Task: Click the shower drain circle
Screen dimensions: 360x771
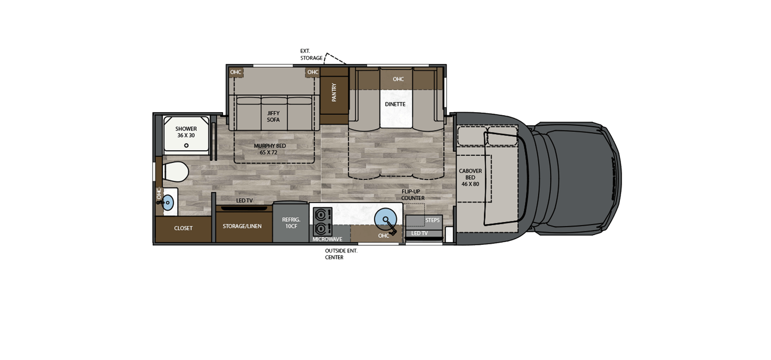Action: point(186,145)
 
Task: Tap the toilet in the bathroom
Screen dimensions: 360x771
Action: point(175,171)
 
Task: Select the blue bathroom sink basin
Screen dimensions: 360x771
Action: point(168,202)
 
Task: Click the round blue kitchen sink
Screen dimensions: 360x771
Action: point(385,220)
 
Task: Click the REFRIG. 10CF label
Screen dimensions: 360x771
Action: point(291,223)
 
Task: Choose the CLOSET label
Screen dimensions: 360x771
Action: point(183,228)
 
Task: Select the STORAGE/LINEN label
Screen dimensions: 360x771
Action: point(242,226)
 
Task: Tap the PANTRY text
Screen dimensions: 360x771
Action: point(334,92)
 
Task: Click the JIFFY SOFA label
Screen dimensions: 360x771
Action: point(273,117)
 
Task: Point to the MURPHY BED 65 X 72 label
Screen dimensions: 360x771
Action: point(270,149)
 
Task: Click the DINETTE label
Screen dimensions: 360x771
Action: point(395,104)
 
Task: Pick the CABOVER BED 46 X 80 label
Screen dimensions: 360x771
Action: point(470,177)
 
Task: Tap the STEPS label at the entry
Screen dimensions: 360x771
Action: point(432,220)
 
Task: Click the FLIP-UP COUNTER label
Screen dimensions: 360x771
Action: point(413,195)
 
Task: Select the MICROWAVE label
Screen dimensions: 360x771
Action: point(327,239)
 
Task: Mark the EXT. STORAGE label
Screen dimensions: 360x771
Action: point(311,54)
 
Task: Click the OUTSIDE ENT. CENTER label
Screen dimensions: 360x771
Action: point(341,254)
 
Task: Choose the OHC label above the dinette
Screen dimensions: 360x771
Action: point(398,79)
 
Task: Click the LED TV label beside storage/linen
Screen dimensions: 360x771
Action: point(244,200)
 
